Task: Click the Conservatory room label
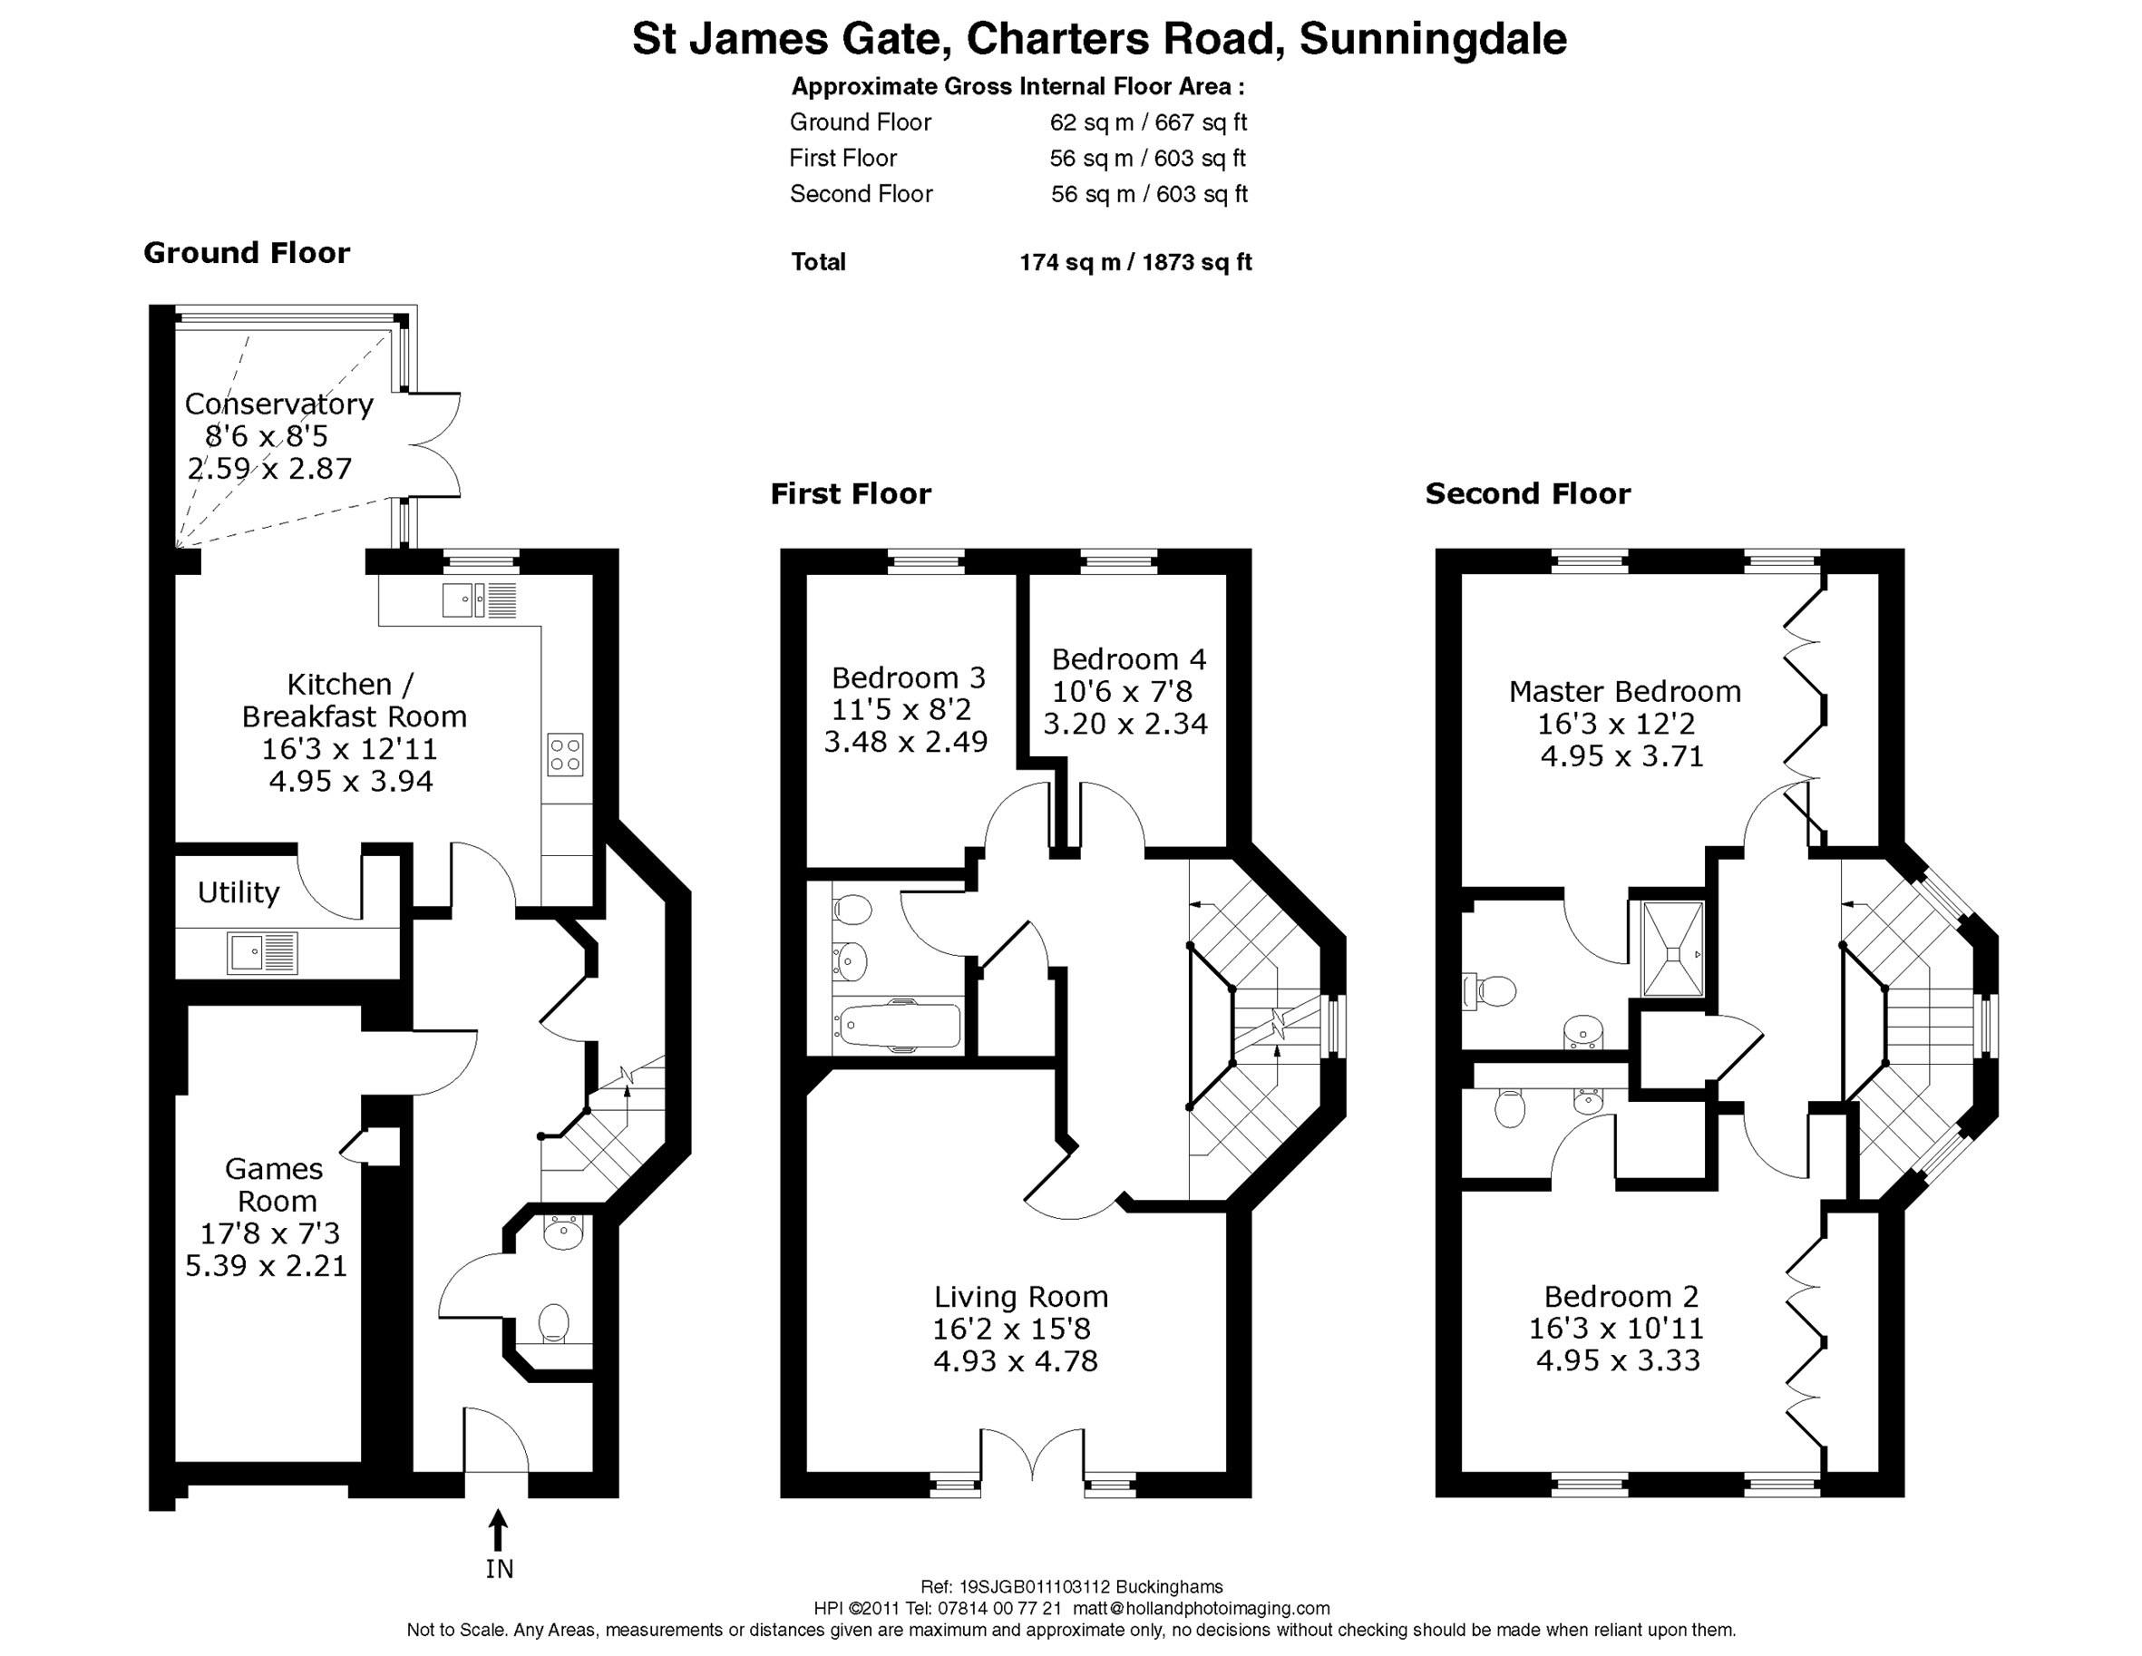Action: coord(278,404)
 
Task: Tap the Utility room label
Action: coord(239,891)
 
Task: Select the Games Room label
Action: coord(275,1185)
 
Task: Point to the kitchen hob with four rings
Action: coord(566,755)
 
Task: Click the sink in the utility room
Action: coord(262,952)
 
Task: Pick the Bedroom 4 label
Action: coord(1128,658)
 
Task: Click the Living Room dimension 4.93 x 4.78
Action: coord(1015,1360)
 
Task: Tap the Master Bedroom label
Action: coord(1624,692)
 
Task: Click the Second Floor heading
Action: coord(1527,493)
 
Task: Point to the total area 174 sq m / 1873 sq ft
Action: coord(1134,262)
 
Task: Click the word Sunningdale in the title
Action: coord(1432,39)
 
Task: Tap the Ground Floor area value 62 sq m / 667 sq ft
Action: coord(1147,122)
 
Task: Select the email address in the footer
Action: coord(1202,1608)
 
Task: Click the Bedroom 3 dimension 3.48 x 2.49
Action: coord(905,742)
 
